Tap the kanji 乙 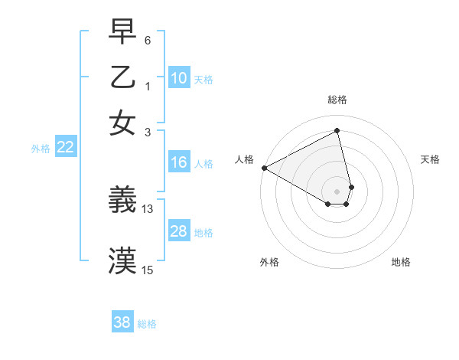click(x=122, y=78)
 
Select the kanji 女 click(x=122, y=122)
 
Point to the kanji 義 click(x=122, y=201)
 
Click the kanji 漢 click(x=122, y=260)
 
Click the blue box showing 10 click(x=179, y=78)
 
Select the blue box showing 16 click(x=179, y=162)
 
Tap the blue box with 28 click(x=179, y=232)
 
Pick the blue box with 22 click(x=65, y=148)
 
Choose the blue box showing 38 click(x=122, y=322)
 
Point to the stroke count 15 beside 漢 click(x=148, y=270)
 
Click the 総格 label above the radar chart click(x=337, y=100)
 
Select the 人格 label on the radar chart click(x=244, y=159)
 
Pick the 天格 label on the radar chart click(x=430, y=159)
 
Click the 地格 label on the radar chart click(x=401, y=262)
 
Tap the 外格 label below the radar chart click(x=269, y=262)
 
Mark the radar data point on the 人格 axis click(x=264, y=168)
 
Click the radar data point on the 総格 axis click(x=337, y=130)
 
